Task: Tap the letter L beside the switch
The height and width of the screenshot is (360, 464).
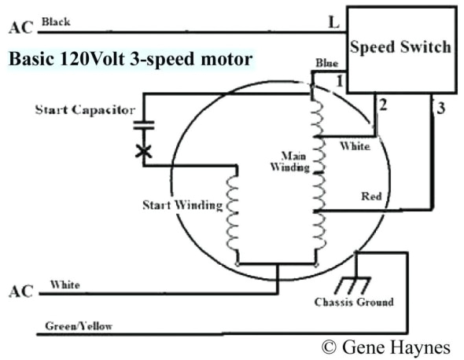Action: pos(334,24)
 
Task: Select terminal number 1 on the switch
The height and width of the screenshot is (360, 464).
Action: pos(339,81)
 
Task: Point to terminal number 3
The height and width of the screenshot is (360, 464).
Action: pos(441,108)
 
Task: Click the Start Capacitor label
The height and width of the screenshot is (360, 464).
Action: pos(84,109)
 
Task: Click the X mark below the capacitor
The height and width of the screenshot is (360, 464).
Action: pos(143,151)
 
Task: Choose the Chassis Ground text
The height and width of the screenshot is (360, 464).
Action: pos(354,302)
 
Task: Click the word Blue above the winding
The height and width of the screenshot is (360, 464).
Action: pos(326,62)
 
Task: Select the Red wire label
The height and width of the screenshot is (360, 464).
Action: pos(371,196)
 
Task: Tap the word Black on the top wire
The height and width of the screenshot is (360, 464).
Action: pos(57,22)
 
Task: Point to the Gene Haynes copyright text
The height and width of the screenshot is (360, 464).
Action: pos(387,347)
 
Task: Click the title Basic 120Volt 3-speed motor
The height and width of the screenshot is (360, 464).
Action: pos(131,57)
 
